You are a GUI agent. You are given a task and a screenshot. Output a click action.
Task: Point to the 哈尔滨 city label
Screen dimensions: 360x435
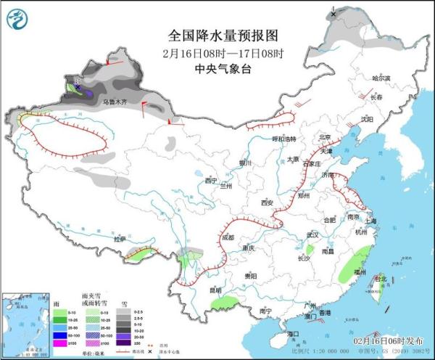point(381,78)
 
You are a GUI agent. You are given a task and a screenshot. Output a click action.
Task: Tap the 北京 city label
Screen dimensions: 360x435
point(325,137)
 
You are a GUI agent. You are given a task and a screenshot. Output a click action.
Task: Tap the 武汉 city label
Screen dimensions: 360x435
point(312,235)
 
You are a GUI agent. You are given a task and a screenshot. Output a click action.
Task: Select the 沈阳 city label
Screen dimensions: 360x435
point(367,118)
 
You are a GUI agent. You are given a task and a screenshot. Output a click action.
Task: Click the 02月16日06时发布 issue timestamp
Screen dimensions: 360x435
point(390,340)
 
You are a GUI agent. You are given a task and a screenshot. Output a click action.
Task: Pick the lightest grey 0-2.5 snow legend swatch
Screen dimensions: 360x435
point(123,310)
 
